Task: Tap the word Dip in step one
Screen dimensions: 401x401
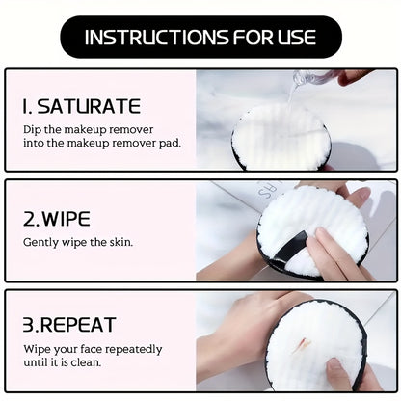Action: click(34, 128)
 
